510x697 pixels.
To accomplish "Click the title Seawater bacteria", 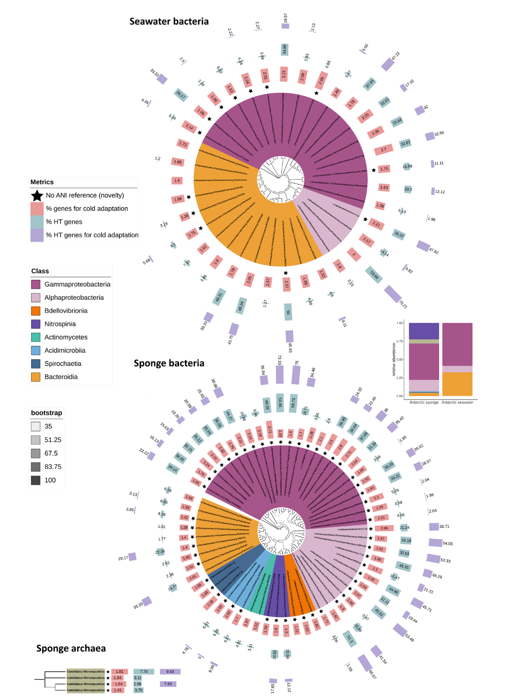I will (x=169, y=21).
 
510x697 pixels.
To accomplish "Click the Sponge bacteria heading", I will (x=169, y=363).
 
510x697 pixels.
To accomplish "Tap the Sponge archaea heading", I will (x=71, y=648).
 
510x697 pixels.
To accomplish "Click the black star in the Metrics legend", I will (x=37, y=196).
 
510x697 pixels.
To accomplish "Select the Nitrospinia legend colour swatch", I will (x=36, y=324).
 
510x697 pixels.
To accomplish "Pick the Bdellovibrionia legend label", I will (x=66, y=310).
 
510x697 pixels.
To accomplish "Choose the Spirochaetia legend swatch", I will (x=36, y=364).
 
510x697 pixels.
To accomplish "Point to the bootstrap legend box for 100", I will (x=36, y=480).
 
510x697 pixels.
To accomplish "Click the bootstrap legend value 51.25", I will (x=53, y=440).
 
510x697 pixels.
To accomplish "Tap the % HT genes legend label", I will (x=64, y=222).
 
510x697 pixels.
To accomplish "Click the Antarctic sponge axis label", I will (x=424, y=402).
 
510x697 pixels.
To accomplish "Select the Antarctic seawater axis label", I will (x=457, y=402).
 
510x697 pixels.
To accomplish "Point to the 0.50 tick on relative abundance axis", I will (x=400, y=360).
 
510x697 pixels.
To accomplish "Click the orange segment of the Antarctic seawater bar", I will (x=457, y=384).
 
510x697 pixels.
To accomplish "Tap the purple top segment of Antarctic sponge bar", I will (x=424, y=331).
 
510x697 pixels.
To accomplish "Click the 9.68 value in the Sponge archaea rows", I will (x=170, y=672).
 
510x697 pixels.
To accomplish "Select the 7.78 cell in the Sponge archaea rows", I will (x=144, y=672).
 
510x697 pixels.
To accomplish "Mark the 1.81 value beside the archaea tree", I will (x=120, y=672).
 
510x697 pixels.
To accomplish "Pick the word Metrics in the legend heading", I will (x=42, y=182).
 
